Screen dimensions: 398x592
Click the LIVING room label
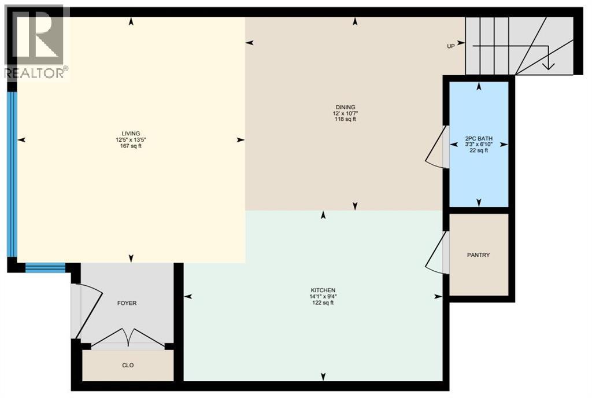pos(128,132)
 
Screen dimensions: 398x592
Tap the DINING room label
pos(345,106)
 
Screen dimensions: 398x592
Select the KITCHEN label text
pos(323,290)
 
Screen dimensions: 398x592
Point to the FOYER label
pos(127,303)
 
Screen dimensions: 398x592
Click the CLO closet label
pos(128,365)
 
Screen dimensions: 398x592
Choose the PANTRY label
pos(478,255)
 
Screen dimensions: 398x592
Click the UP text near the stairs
pos(450,46)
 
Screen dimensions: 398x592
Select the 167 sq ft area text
pos(128,146)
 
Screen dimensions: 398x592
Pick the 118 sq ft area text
pos(345,120)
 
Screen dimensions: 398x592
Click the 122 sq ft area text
pos(323,303)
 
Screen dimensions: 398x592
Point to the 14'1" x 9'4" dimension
pos(323,297)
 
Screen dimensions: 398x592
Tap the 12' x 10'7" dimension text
pos(345,113)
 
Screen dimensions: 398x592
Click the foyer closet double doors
pos(128,338)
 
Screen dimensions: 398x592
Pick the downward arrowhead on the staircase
pos(548,65)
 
